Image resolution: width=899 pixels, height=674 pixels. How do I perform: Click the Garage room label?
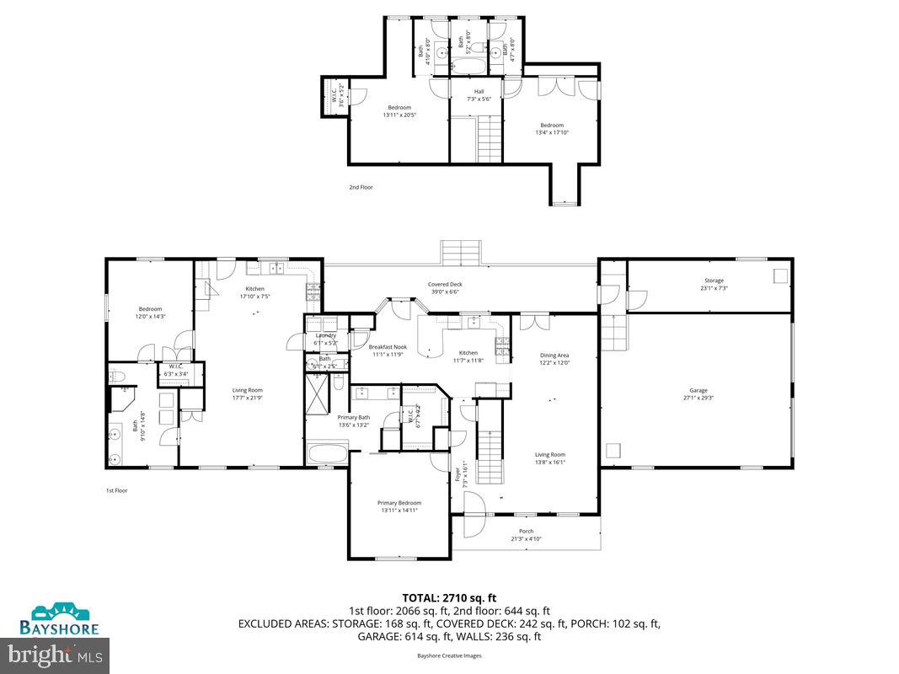pos(698,390)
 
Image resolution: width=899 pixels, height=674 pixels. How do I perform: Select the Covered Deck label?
pos(444,285)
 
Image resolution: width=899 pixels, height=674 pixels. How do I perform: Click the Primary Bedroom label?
pos(399,503)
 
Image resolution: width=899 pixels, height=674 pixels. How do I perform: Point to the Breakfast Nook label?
pos(388,347)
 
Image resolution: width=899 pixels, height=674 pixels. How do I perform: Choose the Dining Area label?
pos(554,356)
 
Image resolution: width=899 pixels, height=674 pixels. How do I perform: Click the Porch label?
pos(526,531)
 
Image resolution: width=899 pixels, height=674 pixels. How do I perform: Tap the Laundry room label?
pos(324,335)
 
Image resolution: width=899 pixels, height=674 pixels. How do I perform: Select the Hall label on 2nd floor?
pos(479,92)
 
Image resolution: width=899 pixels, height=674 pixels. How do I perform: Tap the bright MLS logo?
pos(56,653)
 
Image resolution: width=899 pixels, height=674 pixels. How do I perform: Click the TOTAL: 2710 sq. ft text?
pos(449,597)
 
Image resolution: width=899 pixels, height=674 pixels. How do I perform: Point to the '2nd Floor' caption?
pos(361,187)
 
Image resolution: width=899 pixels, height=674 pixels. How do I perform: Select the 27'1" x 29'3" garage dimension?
pos(698,398)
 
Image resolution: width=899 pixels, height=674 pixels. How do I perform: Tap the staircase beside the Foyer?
pos(490,455)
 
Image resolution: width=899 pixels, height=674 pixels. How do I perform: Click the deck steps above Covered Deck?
pos(461,252)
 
